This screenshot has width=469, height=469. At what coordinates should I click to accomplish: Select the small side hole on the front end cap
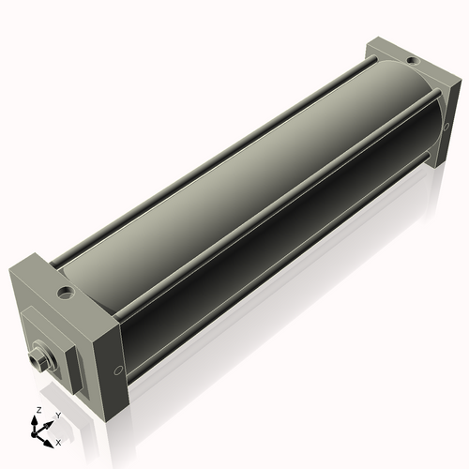coord(117,369)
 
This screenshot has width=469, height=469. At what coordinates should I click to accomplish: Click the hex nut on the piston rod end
coord(39,357)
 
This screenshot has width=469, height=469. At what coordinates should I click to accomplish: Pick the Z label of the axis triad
coord(37,411)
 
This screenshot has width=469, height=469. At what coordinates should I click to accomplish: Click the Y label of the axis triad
coord(56,415)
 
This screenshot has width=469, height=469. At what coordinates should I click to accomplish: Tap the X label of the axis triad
coord(58,441)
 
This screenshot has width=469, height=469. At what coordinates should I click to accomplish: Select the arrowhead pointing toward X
coord(51,438)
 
